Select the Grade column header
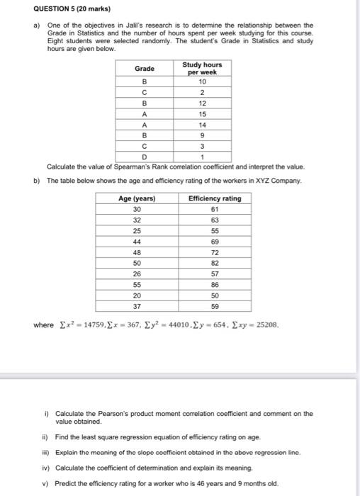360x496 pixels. (145, 69)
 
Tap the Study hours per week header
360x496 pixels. (202, 69)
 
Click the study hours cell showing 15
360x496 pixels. (202, 113)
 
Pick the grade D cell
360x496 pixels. (145, 157)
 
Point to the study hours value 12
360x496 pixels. (202, 102)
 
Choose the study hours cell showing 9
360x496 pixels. (202, 135)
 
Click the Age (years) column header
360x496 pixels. (136, 198)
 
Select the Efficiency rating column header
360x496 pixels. (215, 198)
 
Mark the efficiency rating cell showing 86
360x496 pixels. (215, 285)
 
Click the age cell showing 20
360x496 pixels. (136, 295)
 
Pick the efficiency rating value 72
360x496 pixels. (215, 252)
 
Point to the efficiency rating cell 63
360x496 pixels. (215, 220)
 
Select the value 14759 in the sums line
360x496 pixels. (79, 325)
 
